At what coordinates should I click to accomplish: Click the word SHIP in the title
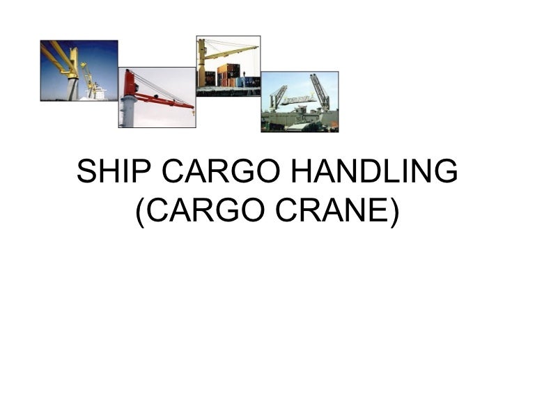coord(105,172)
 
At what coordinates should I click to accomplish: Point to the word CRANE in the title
coord(337,212)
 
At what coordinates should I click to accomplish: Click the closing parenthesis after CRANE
coord(394,212)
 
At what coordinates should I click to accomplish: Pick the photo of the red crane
coord(157,97)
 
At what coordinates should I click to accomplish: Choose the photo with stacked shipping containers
coord(228,65)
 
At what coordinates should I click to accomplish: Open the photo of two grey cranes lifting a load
coord(300,102)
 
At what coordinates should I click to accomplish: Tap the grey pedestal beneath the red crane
coord(127,111)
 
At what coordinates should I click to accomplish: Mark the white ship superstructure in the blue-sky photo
coord(98,93)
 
